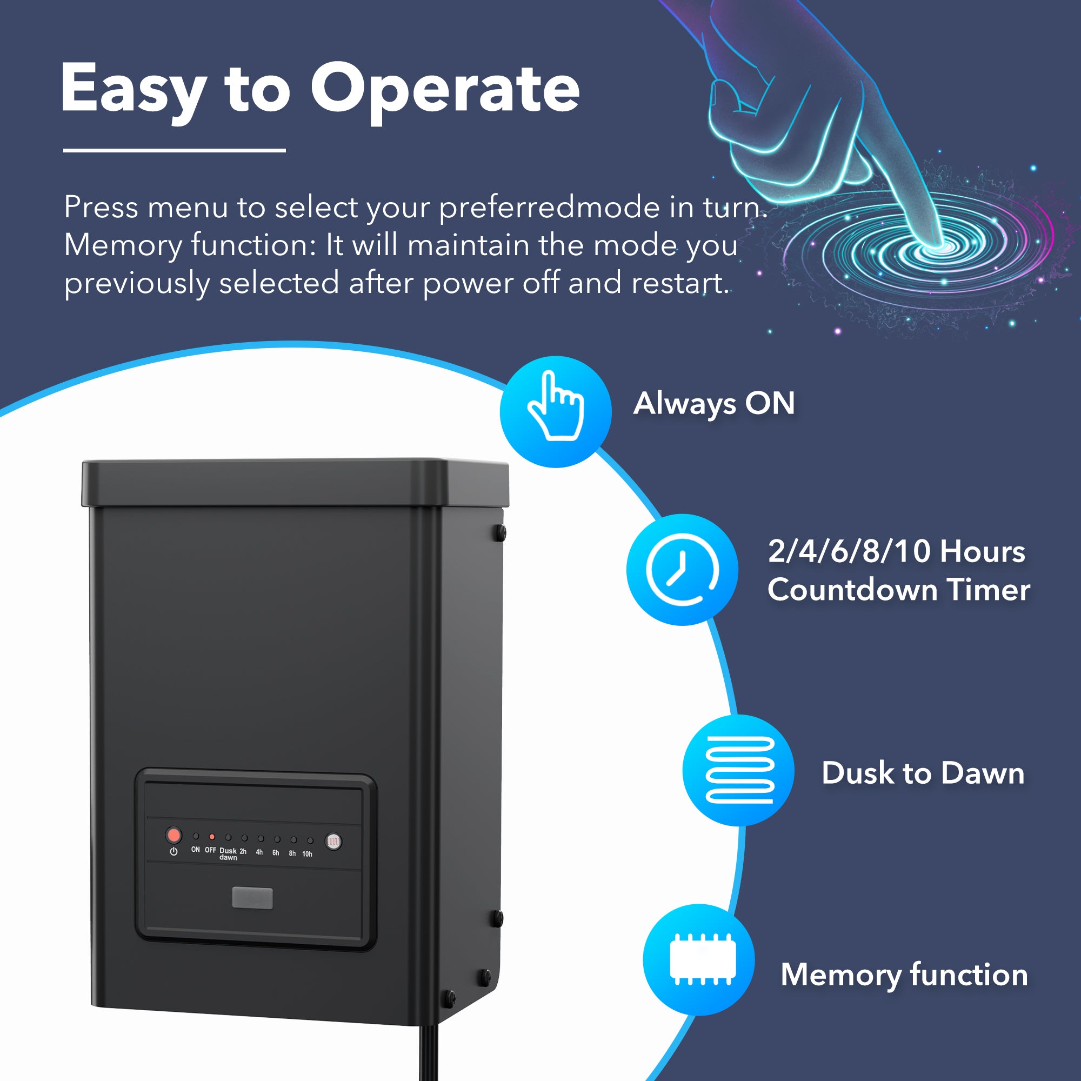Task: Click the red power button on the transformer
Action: tap(174, 836)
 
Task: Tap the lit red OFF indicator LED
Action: tap(211, 837)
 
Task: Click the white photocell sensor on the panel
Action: tap(333, 842)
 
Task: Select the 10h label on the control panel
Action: tap(307, 854)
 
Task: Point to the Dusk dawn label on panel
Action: tap(228, 854)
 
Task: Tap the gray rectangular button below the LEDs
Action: tap(252, 898)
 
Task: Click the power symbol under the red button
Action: tap(174, 852)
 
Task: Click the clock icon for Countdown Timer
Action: tap(682, 570)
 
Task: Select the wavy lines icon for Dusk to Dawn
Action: tap(738, 770)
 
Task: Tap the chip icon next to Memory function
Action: tap(703, 959)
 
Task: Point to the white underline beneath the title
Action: tap(174, 150)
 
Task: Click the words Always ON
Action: tap(713, 403)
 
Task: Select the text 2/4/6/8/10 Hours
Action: tap(896, 551)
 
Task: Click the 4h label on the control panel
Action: tap(259, 852)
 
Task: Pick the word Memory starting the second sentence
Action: tap(123, 245)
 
